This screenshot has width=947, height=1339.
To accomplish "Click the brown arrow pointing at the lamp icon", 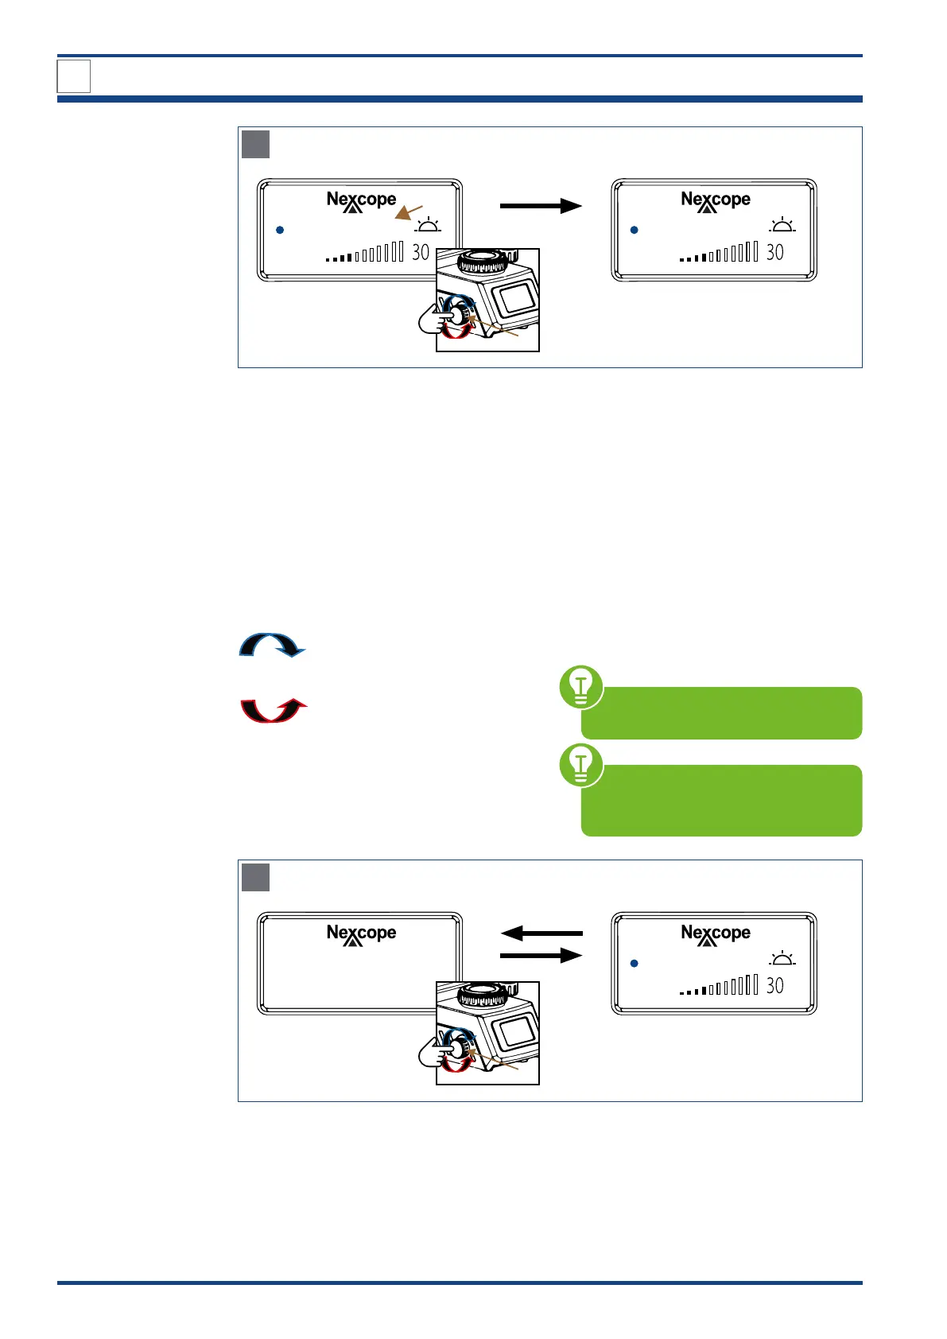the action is pos(409,212).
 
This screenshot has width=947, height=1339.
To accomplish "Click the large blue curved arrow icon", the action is pos(272,645).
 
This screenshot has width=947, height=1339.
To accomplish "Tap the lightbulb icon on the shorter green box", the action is pos(581,687).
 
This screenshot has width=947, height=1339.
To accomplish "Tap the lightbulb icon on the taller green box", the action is pos(581,765).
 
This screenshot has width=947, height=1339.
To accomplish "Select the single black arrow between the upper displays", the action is pos(541,206).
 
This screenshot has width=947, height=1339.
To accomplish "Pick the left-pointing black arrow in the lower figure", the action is pos(541,933).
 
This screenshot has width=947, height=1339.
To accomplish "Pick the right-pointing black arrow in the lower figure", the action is pos(541,955).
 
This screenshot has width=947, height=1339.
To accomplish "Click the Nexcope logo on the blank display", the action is pos(361,935).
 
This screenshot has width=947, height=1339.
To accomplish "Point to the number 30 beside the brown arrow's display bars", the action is pos(420,253).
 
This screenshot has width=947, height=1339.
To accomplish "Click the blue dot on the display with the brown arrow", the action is pos(280,230).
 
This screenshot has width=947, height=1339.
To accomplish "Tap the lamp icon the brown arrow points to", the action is pos(428,225).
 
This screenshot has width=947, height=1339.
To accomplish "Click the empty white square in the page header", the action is pos(74,76).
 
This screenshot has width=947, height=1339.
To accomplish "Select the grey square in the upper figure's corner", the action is pos(255,145).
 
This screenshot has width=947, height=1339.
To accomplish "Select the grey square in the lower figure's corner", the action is pos(255,878).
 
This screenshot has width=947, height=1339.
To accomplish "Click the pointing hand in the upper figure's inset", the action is pos(434,320).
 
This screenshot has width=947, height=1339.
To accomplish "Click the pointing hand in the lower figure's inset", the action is pos(434,1054).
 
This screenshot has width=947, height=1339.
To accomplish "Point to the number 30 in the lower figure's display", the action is pos(774,986).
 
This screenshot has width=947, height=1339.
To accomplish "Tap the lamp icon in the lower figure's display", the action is pos(782,959).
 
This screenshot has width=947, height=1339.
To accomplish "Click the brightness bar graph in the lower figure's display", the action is pos(719,986).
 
